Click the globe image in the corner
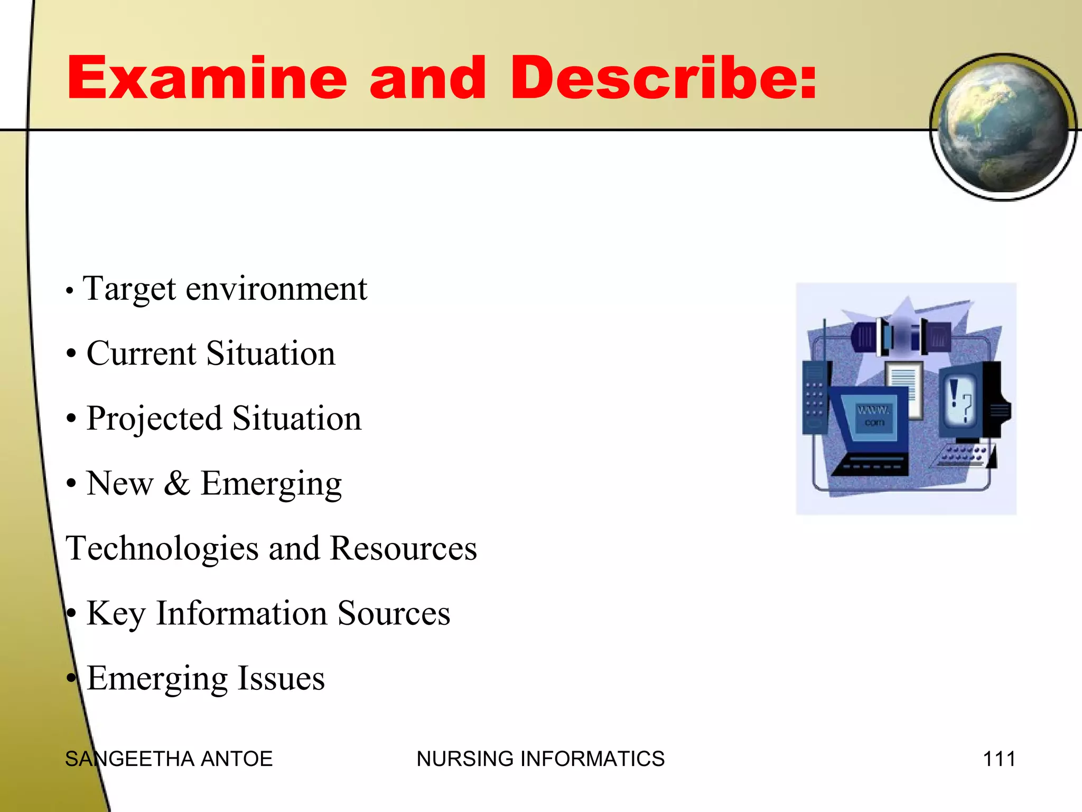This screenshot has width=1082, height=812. [x=1002, y=127]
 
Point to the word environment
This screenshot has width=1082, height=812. [x=276, y=290]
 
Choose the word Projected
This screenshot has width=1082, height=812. [x=154, y=419]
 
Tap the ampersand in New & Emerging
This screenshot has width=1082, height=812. [x=176, y=483]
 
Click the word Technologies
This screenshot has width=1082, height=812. [x=162, y=548]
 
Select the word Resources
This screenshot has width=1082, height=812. [x=404, y=548]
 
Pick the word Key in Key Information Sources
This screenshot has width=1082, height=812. [x=116, y=613]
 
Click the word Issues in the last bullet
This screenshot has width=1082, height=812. [x=281, y=678]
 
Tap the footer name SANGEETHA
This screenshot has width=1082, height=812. [x=129, y=759]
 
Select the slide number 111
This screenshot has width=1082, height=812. [x=999, y=759]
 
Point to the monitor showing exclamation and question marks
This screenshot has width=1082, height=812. [x=962, y=402]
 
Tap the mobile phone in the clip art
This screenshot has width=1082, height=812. [x=815, y=396]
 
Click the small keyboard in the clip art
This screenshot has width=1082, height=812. [x=963, y=456]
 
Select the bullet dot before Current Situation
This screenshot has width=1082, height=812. [x=71, y=354]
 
